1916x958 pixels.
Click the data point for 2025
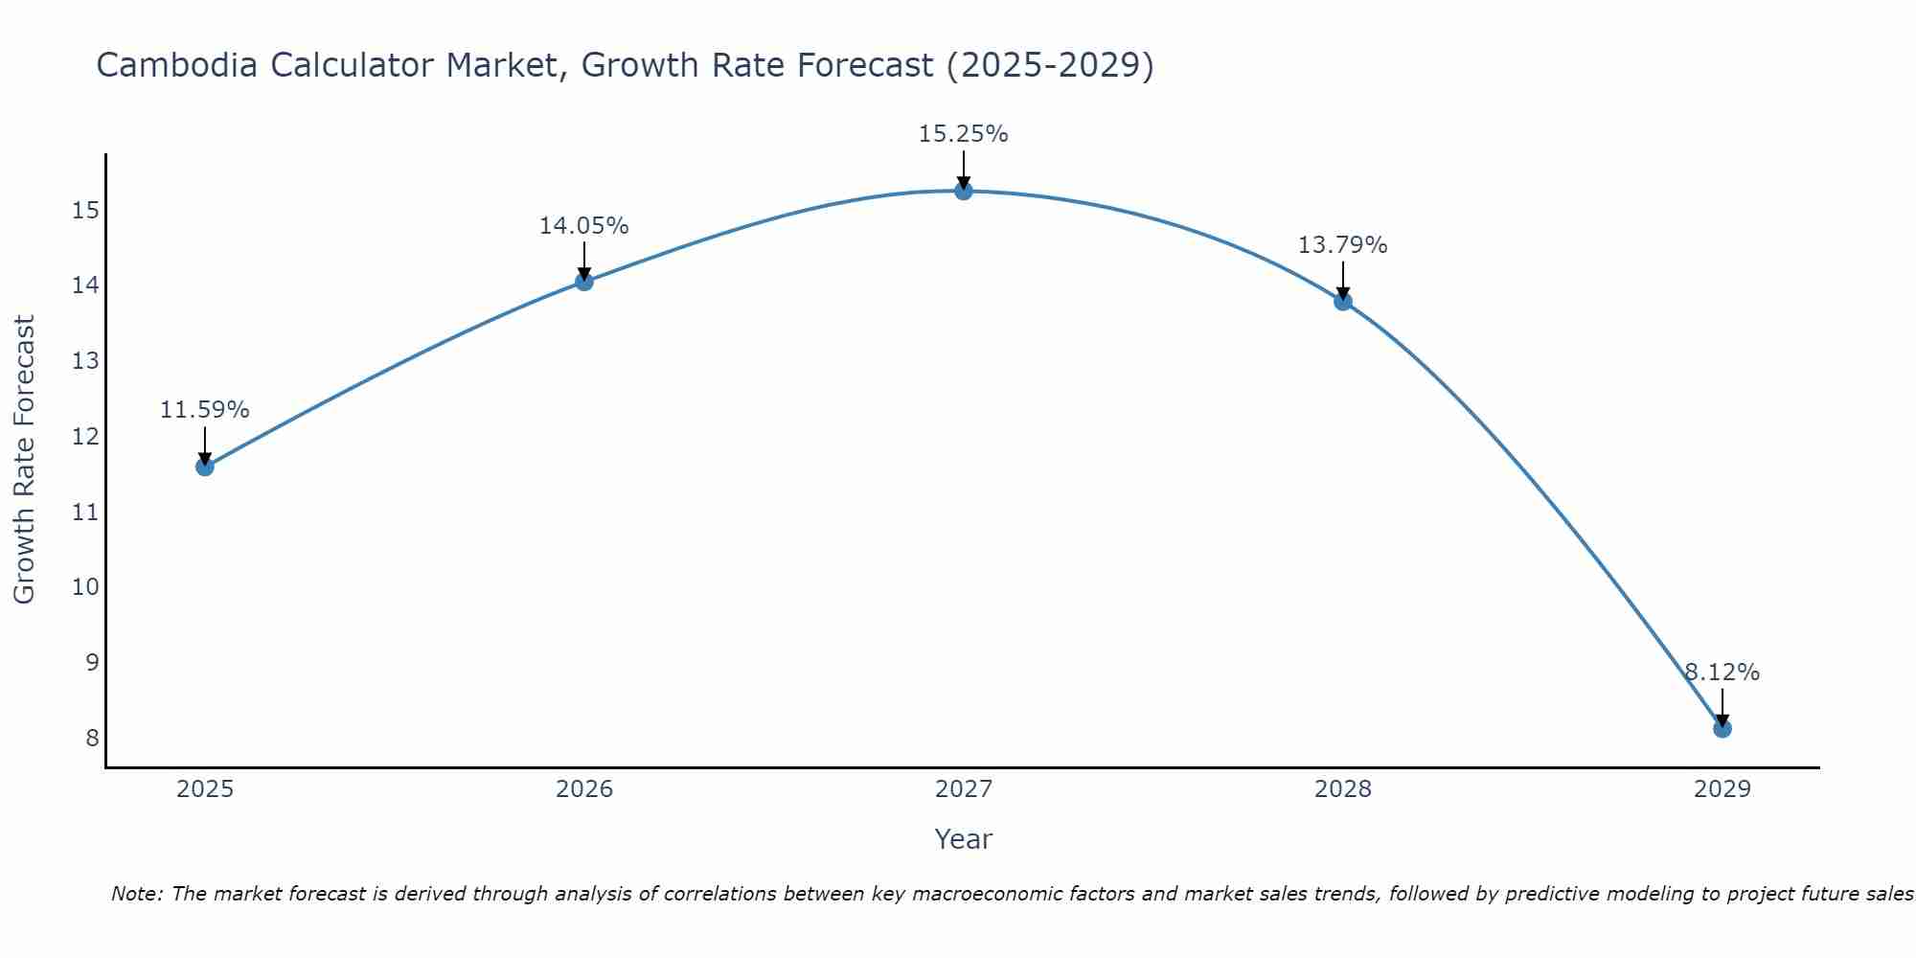[204, 467]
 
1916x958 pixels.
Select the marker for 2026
[584, 281]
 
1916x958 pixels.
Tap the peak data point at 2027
[964, 191]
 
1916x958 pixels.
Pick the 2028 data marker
[1343, 301]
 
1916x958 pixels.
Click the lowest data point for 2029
[1722, 728]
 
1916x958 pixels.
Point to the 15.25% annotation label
[963, 134]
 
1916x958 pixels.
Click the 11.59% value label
[204, 410]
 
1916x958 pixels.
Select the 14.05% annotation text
[583, 226]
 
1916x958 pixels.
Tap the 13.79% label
[1342, 245]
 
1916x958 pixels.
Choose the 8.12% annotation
[1722, 673]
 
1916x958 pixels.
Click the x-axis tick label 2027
[964, 789]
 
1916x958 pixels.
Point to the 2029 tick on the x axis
[1722, 789]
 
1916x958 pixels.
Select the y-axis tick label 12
[86, 437]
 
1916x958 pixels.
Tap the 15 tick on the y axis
[86, 211]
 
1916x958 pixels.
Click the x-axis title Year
[963, 839]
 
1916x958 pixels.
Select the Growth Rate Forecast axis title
[25, 460]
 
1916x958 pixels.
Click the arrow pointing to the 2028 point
[1343, 280]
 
